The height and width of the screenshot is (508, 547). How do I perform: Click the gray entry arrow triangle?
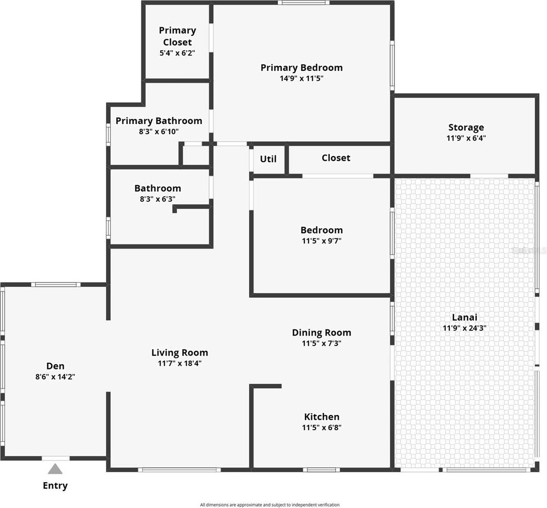(55, 469)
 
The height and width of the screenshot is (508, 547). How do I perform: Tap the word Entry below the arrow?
(55, 486)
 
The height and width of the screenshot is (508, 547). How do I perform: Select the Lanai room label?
(465, 317)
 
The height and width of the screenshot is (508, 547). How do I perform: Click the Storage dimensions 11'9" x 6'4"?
(466, 138)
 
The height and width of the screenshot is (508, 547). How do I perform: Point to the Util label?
(268, 159)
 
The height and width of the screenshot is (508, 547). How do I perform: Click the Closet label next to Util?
(336, 158)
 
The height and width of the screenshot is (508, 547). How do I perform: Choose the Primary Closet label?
(177, 36)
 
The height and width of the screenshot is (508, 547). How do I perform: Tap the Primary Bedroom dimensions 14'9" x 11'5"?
(301, 79)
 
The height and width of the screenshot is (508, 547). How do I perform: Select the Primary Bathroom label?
(158, 121)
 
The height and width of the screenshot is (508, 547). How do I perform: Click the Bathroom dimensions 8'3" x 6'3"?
(157, 199)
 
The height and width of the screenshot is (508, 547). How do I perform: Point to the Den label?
(55, 366)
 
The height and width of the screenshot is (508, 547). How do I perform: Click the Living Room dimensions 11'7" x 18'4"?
(180, 363)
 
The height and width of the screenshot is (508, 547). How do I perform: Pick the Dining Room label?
(322, 333)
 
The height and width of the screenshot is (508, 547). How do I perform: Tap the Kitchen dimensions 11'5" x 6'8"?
(322, 428)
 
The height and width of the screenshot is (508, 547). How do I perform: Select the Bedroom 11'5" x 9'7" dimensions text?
(322, 241)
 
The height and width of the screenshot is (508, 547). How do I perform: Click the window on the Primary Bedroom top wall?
(303, 3)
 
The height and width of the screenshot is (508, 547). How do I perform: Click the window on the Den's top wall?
(55, 284)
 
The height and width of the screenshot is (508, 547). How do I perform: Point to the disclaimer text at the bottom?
(269, 505)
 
